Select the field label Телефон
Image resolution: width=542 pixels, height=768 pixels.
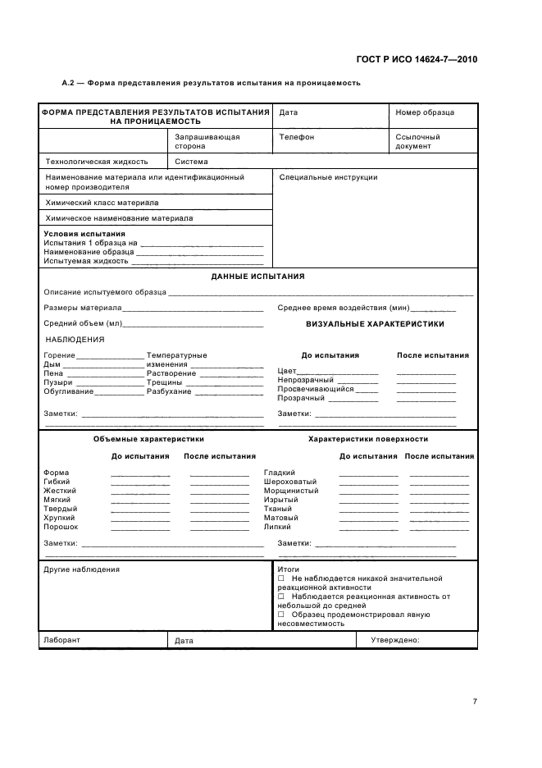pyautogui.click(x=296, y=137)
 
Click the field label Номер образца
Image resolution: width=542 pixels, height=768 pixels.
pyautogui.click(x=424, y=112)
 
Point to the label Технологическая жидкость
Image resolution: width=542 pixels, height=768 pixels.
pyautogui.click(x=96, y=162)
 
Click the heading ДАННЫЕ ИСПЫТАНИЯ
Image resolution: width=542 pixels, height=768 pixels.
pyautogui.click(x=257, y=277)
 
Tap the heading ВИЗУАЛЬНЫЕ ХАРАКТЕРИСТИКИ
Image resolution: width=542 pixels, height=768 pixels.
pyautogui.click(x=375, y=324)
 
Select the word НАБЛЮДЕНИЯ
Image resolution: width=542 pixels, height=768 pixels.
pyautogui.click(x=75, y=339)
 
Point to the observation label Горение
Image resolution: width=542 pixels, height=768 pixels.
pyautogui.click(x=59, y=355)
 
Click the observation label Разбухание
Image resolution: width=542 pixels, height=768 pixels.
pyautogui.click(x=169, y=391)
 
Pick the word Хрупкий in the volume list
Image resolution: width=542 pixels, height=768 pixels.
pyautogui.click(x=60, y=518)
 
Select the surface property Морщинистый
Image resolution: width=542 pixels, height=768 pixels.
pyautogui.click(x=291, y=491)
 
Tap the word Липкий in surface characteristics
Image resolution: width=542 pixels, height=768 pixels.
pyautogui.click(x=278, y=527)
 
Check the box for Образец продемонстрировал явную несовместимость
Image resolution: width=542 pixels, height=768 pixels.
pyautogui.click(x=281, y=615)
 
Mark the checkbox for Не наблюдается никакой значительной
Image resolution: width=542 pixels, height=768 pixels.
pyautogui.click(x=281, y=578)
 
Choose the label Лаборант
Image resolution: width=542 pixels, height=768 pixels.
pyautogui.click(x=62, y=640)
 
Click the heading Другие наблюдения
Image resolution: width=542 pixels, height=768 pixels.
pyautogui.click(x=81, y=569)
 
